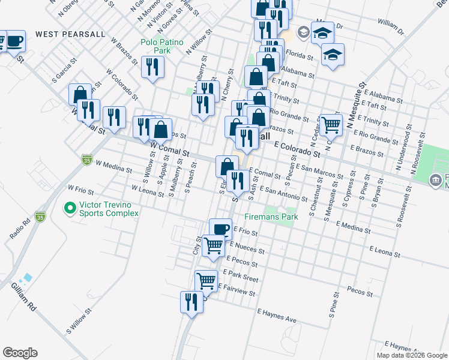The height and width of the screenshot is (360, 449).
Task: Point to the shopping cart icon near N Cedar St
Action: pyautogui.click(x=331, y=124)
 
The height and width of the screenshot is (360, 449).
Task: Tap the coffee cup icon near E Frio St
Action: pyautogui.click(x=220, y=229)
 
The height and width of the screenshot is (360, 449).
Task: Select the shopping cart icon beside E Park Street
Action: pyautogui.click(x=206, y=280)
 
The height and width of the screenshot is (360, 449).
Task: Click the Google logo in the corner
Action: pyautogui.click(x=20, y=353)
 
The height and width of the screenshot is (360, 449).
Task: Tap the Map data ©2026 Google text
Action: pyautogui.click(x=411, y=355)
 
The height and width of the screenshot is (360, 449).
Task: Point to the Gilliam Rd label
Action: pyautogui.click(x=24, y=298)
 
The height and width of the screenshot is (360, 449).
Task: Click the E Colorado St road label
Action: pyautogui.click(x=298, y=149)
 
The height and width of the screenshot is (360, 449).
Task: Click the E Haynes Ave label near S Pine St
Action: pyautogui.click(x=277, y=316)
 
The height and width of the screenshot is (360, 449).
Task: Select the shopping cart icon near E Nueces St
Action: pyautogui.click(x=213, y=245)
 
